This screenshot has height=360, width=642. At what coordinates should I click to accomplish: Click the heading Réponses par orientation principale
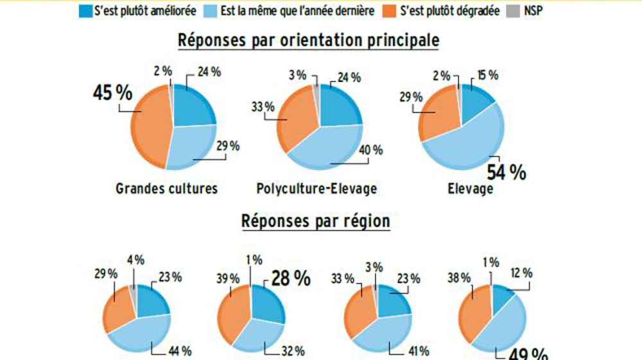(308, 40)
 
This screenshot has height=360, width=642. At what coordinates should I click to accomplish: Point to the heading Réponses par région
(315, 221)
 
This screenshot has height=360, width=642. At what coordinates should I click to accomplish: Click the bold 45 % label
(113, 93)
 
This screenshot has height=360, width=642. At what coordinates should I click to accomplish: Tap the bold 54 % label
(506, 172)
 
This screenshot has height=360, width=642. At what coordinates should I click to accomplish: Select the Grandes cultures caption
(166, 189)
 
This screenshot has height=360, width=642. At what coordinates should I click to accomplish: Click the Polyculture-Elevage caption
(317, 189)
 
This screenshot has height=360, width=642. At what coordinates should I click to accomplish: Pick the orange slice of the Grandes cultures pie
(148, 125)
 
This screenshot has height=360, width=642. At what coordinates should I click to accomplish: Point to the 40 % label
(370, 150)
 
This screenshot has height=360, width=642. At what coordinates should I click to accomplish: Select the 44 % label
(180, 350)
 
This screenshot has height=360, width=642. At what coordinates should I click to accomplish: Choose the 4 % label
(135, 260)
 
